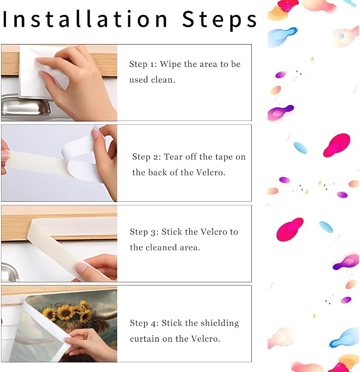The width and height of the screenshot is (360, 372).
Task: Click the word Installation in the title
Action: pos(85,19)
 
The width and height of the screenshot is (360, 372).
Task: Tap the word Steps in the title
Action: pos(219,20)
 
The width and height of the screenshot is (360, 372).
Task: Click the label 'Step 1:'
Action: pos(143,64)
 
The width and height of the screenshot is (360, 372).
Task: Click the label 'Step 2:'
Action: pos(146,157)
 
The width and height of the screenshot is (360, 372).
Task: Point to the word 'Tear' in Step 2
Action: pos(173,157)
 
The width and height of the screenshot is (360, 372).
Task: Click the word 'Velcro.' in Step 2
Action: pos(210,172)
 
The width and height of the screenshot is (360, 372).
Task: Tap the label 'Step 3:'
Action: pos(144,232)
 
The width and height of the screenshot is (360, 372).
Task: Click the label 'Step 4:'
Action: pos(144,323)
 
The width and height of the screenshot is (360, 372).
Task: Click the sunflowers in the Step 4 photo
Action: pos(69,312)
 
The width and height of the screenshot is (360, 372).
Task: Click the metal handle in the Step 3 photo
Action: pos(10,272)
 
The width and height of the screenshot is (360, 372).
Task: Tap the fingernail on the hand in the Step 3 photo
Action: pos(81,268)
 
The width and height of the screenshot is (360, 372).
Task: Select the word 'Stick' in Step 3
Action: pos(172,231)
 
